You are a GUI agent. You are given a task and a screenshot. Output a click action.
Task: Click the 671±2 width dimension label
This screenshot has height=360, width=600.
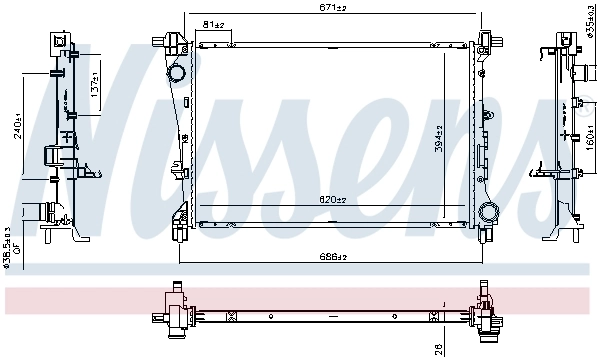click(x=334, y=8)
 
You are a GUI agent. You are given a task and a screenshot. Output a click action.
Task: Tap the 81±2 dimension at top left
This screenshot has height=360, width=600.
click(x=214, y=25)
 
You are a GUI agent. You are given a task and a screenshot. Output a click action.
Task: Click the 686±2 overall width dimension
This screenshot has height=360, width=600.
click(x=334, y=258)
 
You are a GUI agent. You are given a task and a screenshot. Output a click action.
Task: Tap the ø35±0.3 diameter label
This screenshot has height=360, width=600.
click(x=591, y=22)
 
